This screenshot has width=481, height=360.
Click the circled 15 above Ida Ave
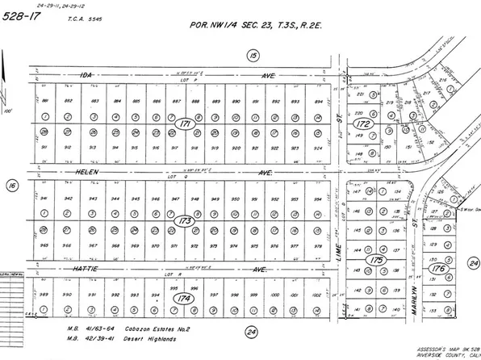253,54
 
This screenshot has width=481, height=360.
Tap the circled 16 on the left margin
11,185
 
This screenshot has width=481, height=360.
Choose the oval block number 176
438,267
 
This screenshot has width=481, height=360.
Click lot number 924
318,148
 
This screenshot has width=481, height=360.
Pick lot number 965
46,244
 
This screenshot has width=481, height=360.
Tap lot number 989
46,295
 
